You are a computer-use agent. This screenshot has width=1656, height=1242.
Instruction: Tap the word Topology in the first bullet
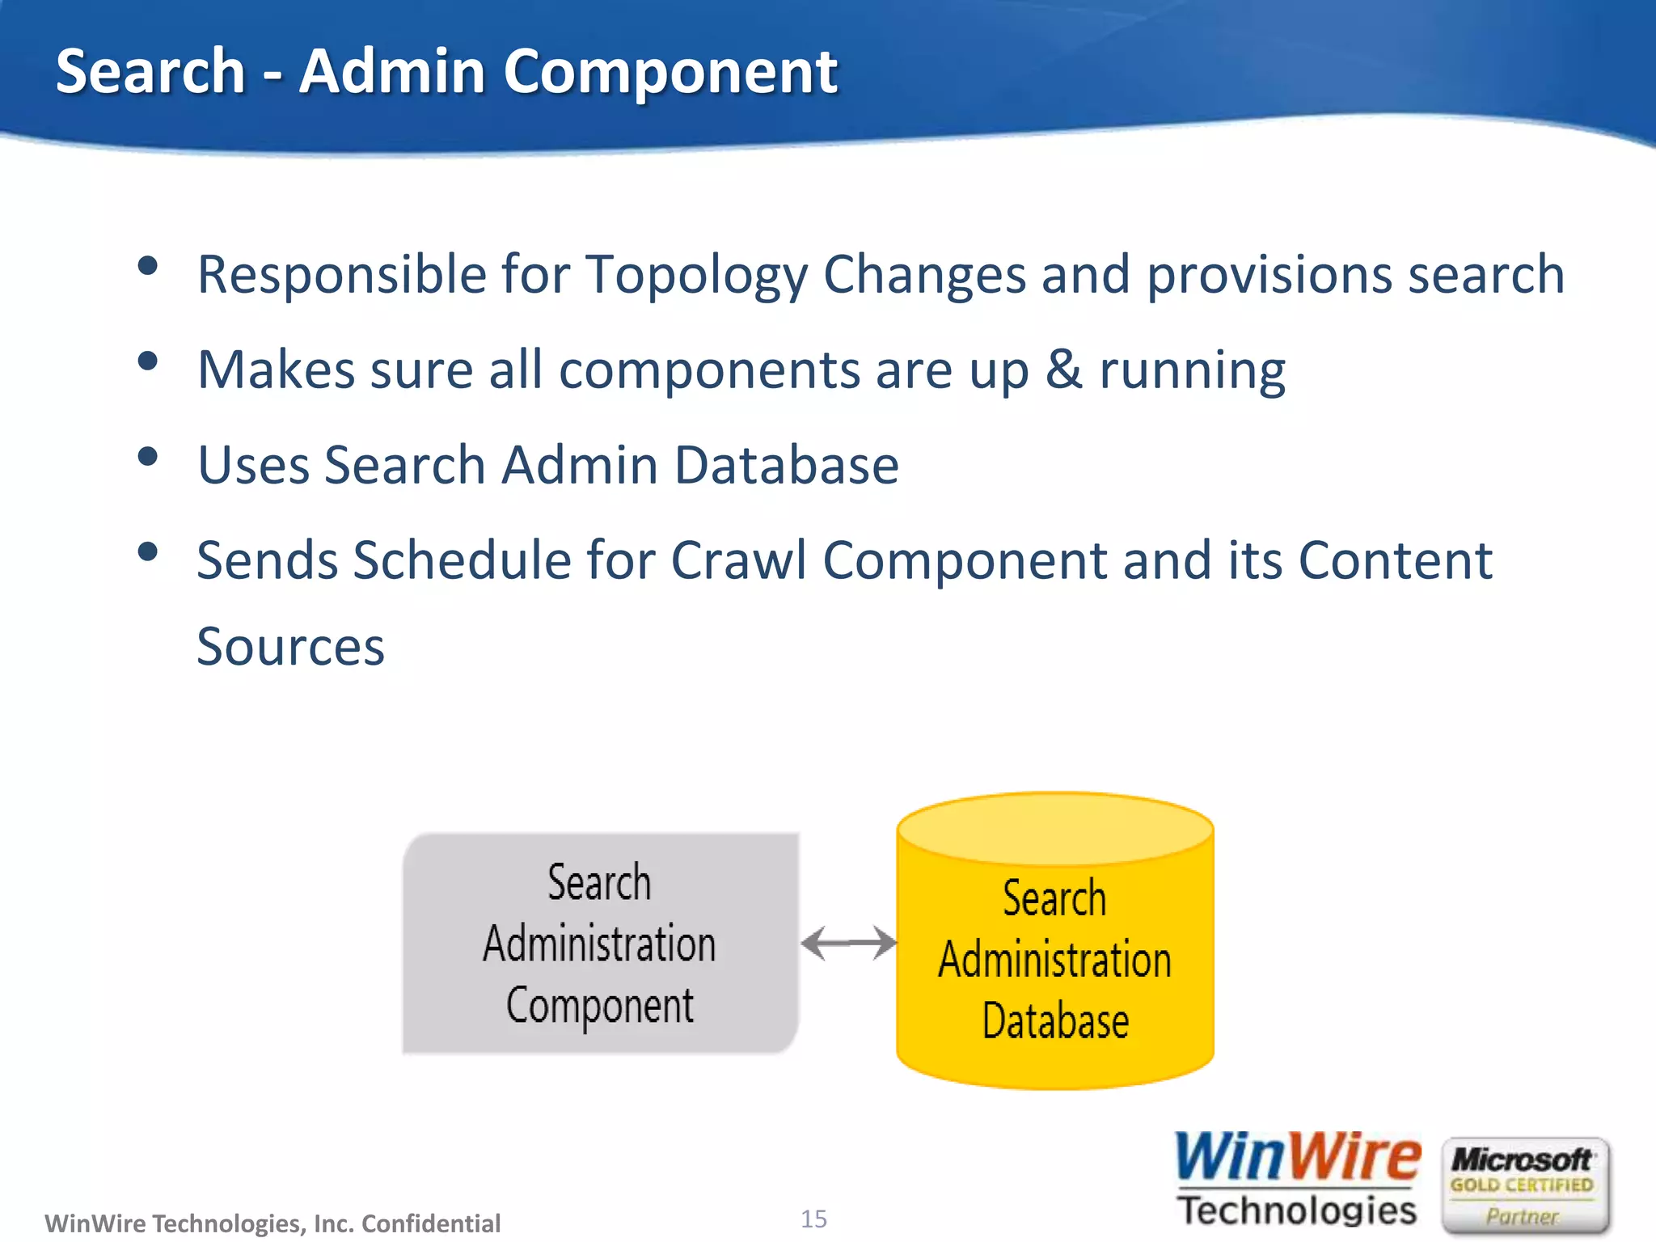tap(695, 275)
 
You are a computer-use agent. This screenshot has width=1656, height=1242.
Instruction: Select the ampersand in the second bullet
tap(1063, 370)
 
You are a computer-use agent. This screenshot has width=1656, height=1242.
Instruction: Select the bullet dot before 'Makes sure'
tap(147, 361)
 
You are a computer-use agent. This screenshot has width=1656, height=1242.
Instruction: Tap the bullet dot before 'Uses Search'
tap(147, 457)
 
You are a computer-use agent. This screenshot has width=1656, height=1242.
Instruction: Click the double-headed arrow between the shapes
tap(848, 943)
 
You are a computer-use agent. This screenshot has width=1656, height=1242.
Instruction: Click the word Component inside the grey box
tap(599, 1007)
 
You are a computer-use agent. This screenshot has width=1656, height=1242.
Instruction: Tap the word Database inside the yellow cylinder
tap(1054, 1021)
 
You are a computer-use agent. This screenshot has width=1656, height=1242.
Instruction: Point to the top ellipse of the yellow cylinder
tap(1054, 828)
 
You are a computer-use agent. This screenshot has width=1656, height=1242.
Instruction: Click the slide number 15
tap(813, 1219)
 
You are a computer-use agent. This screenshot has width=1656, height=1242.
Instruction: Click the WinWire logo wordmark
tap(1297, 1157)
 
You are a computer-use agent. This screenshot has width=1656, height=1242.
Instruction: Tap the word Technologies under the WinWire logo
tap(1297, 1210)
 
